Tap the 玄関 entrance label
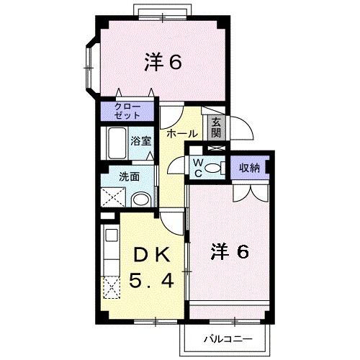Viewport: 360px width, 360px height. tap(215, 127)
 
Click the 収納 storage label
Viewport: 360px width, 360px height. tap(249, 167)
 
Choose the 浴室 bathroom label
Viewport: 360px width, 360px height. tap(140, 140)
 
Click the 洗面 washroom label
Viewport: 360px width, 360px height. tap(130, 176)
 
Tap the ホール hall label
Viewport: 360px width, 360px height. tap(182, 133)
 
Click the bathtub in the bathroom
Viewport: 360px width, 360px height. tap(115, 143)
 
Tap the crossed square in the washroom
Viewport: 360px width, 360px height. tap(114, 197)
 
